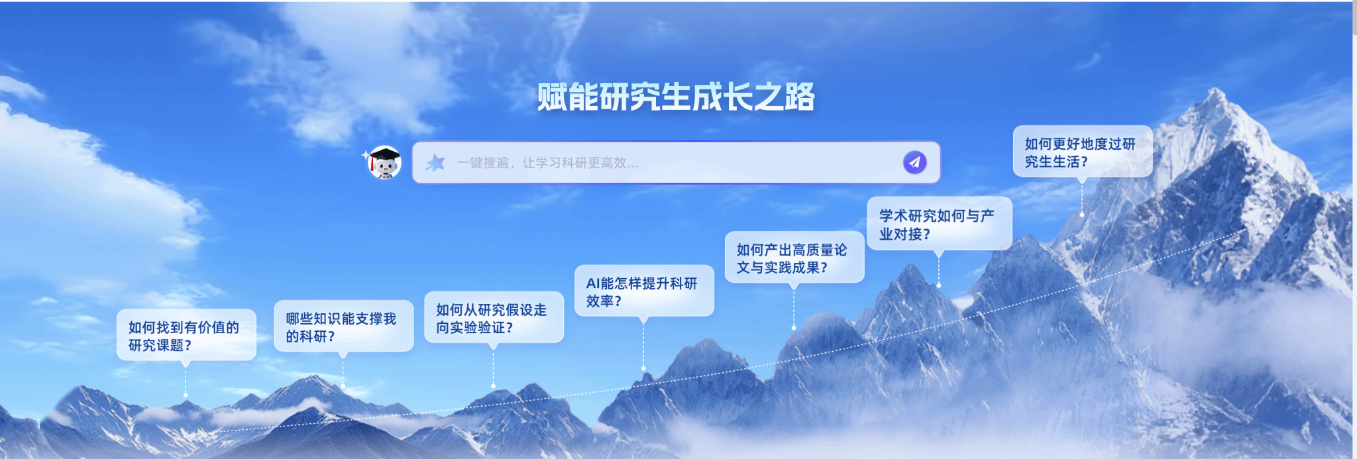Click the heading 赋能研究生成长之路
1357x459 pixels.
[675, 97]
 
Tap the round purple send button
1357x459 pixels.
[914, 162]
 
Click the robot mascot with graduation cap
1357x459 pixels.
[384, 162]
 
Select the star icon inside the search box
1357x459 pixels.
[435, 162]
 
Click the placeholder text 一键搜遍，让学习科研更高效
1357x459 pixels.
[547, 163]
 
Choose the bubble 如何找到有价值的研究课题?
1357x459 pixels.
[186, 335]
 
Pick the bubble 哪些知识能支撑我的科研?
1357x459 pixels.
[343, 327]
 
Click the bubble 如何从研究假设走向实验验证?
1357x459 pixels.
[494, 317]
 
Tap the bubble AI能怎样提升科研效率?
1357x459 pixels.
[644, 291]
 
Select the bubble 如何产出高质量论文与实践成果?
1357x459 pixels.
[794, 258]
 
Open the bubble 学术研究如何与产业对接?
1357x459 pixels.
[940, 224]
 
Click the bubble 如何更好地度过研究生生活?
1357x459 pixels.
[1083, 152]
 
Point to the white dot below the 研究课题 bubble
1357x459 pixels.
[186, 395]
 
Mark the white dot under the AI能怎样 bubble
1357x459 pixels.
[643, 368]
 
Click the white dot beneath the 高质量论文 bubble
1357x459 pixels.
[794, 328]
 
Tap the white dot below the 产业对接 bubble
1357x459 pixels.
[938, 285]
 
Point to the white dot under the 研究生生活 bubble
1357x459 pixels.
[1082, 215]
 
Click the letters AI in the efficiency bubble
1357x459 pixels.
[593, 283]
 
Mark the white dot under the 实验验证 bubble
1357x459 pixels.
[493, 385]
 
